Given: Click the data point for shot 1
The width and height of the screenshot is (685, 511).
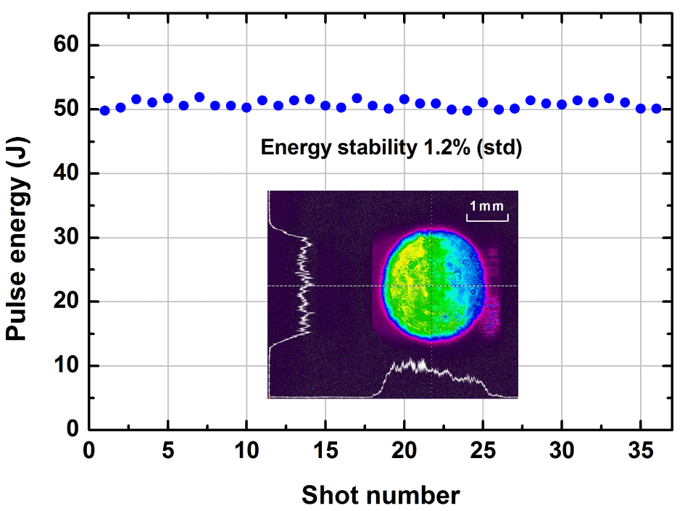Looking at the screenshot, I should (x=104, y=110).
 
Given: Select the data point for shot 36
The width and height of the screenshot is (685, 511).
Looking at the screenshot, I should (x=656, y=109).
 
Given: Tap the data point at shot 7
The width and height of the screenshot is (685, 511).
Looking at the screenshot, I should (x=199, y=97).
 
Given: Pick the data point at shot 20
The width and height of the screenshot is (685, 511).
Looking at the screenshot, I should (x=404, y=99).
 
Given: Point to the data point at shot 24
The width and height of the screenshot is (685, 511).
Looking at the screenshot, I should (x=467, y=110).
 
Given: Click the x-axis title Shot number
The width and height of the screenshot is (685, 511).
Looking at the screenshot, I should (x=380, y=495).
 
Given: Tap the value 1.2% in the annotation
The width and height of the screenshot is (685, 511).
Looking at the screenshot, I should (x=450, y=148).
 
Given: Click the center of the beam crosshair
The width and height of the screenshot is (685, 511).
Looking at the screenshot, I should (x=432, y=286).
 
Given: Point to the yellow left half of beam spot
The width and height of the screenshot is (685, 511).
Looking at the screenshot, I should (x=406, y=283).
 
